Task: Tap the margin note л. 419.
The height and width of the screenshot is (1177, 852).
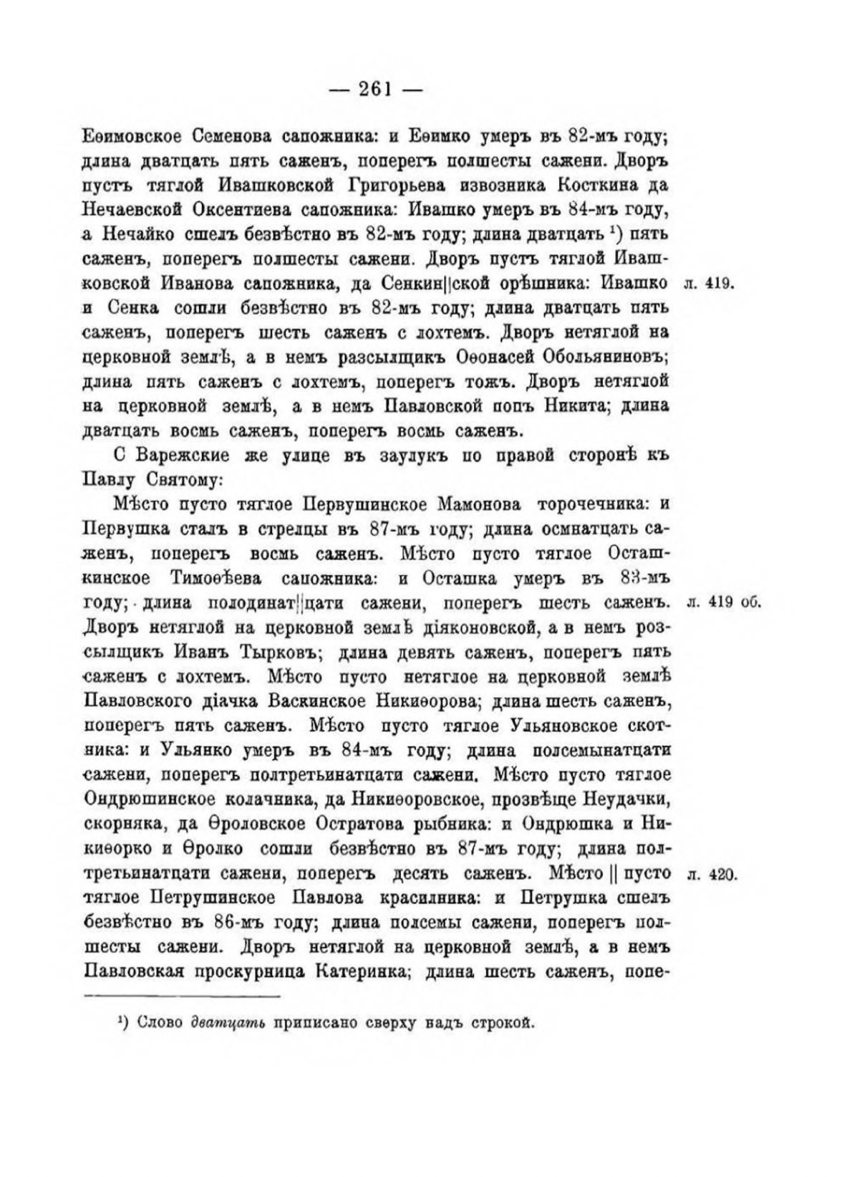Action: click(706, 284)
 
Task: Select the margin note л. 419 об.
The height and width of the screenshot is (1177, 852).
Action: click(722, 601)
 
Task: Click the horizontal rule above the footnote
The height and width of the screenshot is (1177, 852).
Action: click(182, 996)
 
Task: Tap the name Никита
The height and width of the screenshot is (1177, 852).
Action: click(568, 406)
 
